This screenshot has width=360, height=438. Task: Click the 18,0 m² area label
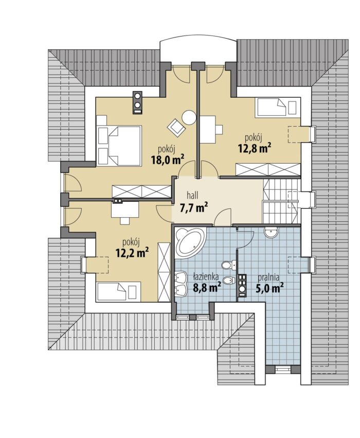[168, 160]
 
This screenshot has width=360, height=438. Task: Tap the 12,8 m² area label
[255, 148]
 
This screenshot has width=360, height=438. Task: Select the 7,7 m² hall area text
[193, 208]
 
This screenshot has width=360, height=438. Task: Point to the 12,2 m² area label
[132, 253]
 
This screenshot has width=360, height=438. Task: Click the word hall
[191, 195]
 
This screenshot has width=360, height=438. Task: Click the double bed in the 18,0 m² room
[119, 145]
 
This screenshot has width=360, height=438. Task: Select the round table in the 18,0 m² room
[189, 117]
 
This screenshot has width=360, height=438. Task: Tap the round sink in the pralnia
[271, 232]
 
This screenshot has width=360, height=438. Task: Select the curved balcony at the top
[198, 51]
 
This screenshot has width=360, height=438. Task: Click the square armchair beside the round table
[175, 127]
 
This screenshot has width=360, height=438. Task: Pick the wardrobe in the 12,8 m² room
[267, 169]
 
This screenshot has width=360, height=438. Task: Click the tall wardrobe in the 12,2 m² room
[164, 272]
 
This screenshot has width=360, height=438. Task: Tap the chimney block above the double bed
[138, 102]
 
